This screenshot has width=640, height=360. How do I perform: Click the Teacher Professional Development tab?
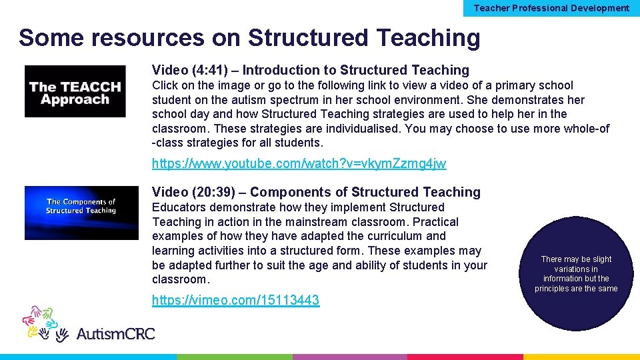coord(551,8)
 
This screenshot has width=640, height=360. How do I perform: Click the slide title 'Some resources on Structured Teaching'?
coord(249,38)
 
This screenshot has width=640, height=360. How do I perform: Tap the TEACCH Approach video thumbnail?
coord(75,91)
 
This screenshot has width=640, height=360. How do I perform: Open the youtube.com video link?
coord(299,163)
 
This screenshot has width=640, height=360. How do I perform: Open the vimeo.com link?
coord(235,300)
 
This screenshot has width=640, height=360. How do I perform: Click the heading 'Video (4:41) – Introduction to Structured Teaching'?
coord(310,70)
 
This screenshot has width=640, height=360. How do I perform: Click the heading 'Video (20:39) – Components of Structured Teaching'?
coord(315,192)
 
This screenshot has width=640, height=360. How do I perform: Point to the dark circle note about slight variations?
coord(576,273)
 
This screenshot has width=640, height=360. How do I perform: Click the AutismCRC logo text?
coord(115,333)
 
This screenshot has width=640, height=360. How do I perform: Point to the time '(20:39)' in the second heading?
coord(213,192)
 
